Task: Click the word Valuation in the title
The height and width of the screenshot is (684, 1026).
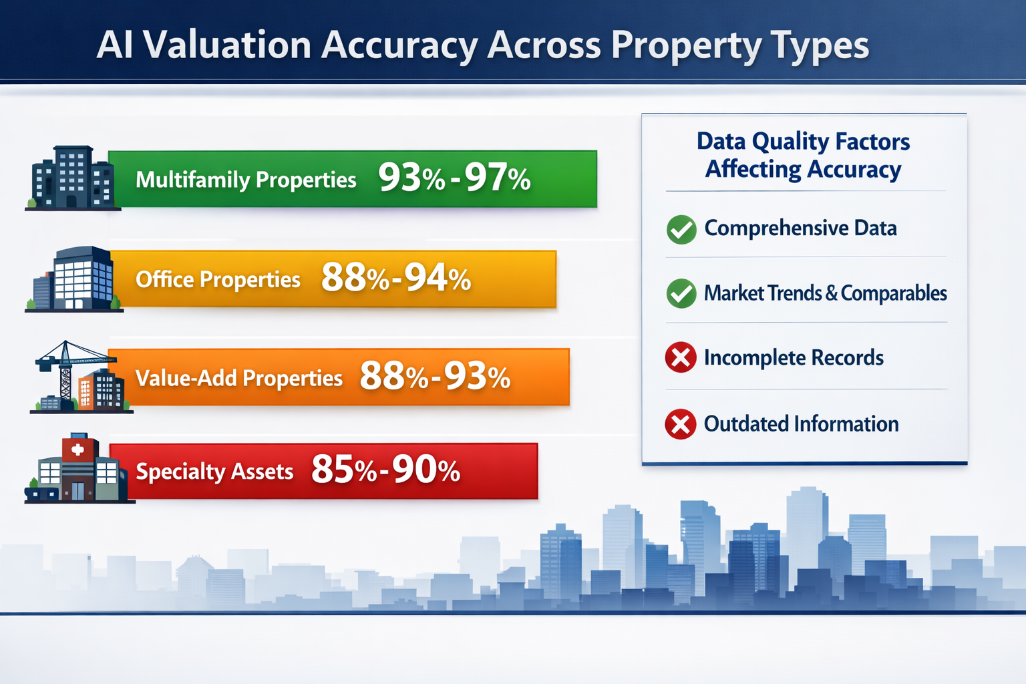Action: click(227, 45)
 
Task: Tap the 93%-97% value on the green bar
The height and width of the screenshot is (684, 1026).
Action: click(454, 178)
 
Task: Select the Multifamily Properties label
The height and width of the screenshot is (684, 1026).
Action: click(246, 180)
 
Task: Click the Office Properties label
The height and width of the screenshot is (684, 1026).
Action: click(218, 279)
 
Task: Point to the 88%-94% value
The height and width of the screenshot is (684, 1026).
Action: click(396, 278)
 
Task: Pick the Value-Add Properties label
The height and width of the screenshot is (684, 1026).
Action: click(238, 378)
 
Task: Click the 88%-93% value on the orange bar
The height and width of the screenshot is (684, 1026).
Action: click(435, 377)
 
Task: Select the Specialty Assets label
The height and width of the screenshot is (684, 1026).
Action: click(214, 472)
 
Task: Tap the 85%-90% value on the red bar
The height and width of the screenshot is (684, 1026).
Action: click(385, 470)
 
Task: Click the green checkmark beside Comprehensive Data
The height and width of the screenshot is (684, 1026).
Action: click(681, 229)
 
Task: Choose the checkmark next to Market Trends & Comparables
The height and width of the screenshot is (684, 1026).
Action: click(681, 293)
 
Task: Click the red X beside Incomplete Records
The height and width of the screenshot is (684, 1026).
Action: click(681, 357)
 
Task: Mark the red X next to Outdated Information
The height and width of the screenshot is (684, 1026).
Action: click(681, 424)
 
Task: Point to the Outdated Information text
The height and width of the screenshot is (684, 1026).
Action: click(801, 424)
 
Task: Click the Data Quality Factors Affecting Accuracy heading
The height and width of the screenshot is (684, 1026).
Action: click(803, 155)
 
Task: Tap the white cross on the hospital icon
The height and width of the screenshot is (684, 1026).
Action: click(77, 450)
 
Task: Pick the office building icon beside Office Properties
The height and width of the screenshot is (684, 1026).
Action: click(77, 279)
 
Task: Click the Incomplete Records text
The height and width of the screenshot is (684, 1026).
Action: click(794, 358)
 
